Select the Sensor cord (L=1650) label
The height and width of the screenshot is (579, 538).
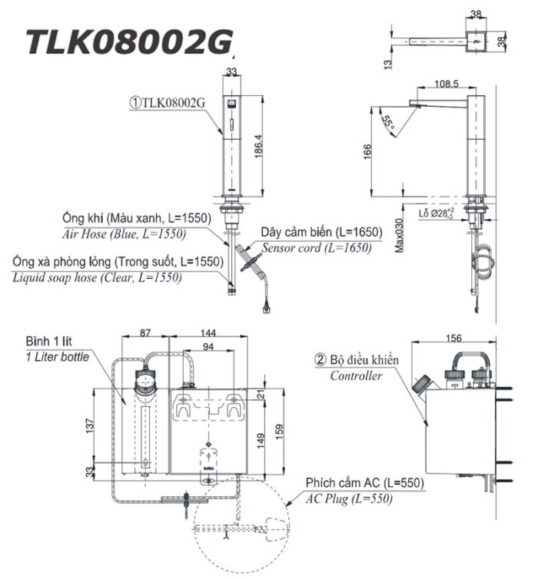(x=316, y=247)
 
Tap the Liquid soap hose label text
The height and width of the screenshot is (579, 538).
(x=98, y=277)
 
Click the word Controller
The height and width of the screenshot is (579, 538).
(x=356, y=376)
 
